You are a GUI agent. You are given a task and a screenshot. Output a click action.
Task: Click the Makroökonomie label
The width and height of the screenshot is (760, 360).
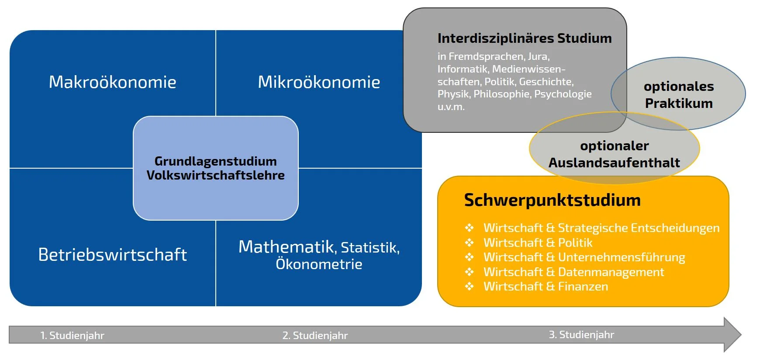pos(112,82)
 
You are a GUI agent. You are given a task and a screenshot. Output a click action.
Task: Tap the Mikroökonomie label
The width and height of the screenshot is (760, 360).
pos(319,82)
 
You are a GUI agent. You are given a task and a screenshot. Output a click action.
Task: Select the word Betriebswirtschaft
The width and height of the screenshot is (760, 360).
pos(112,255)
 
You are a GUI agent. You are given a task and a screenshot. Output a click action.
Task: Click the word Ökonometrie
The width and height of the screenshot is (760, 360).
pos(319,264)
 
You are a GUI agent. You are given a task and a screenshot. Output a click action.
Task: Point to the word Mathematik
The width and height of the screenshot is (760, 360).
pos(287,247)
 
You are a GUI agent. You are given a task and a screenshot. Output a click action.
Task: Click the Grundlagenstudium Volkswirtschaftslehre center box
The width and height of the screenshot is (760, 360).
pos(215,168)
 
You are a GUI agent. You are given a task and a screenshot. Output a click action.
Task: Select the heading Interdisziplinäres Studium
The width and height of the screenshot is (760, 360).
pos(524,38)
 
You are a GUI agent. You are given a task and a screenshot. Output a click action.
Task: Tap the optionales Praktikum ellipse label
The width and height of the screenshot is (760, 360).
pos(679,95)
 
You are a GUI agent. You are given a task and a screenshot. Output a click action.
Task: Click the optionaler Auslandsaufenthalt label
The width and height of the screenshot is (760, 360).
pos(614,154)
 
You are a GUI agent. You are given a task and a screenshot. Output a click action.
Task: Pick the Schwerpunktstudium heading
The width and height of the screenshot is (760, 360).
pos(552,200)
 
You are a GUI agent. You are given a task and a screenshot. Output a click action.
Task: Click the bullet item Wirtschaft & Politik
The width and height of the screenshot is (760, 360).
pos(538,243)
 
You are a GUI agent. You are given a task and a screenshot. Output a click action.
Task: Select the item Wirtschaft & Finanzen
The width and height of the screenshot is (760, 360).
pos(546,287)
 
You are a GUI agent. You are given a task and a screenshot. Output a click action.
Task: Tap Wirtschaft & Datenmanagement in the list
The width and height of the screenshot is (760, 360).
pos(573,272)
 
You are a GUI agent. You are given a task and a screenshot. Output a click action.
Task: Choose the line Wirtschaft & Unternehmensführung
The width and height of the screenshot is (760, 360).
pos(584,257)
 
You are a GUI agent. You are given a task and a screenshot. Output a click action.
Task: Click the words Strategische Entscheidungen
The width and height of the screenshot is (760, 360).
pos(639,228)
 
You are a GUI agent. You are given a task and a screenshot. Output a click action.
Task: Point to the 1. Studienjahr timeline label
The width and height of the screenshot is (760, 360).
pos(72,336)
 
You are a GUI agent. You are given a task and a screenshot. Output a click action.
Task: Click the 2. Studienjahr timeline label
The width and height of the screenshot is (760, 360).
pos(315,336)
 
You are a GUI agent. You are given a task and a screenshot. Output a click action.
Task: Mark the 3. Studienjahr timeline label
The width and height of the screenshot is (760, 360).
pos(581,335)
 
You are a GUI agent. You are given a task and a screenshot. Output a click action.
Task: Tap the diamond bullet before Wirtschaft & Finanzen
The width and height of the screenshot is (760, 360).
pos(469,287)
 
